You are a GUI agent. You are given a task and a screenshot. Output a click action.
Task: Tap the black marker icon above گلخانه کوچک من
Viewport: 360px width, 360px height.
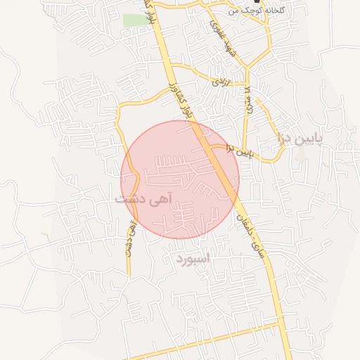click(x=255, y=2)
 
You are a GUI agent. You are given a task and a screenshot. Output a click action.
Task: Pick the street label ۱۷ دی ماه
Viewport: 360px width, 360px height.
click(x=247, y=101)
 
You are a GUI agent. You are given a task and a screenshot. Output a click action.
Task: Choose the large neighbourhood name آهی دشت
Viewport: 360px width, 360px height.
click(x=143, y=199)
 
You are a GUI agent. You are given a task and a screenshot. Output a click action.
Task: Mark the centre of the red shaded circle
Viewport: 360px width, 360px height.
click(x=180, y=179)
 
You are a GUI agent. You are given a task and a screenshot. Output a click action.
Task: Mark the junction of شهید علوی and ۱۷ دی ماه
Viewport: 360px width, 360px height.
click(x=246, y=68)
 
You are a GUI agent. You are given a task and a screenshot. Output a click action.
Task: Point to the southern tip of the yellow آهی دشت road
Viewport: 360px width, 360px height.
click(x=129, y=274)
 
